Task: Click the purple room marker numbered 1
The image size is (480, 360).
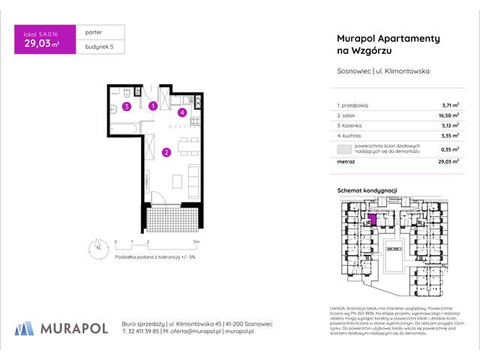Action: pos(152,106)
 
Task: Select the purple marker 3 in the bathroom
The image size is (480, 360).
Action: pos(127,107)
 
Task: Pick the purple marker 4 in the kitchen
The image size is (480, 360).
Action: pos(182,112)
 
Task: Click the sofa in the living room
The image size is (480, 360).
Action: pos(194,177)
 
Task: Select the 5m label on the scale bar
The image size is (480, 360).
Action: pos(196,242)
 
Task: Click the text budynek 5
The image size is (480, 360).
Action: pos(89,48)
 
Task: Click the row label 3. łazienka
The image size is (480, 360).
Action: pos(349,127)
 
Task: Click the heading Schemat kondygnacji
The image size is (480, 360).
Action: pos(367,191)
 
